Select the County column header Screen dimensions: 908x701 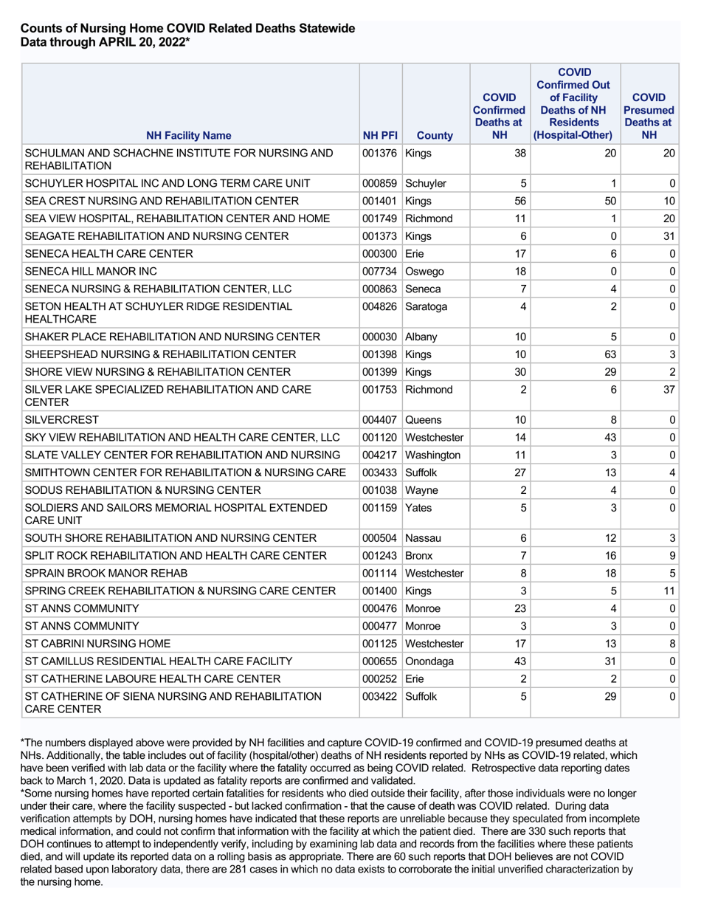tap(435, 135)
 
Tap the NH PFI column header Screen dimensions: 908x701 tap(381, 135)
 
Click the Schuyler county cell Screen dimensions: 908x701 tap(427, 182)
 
